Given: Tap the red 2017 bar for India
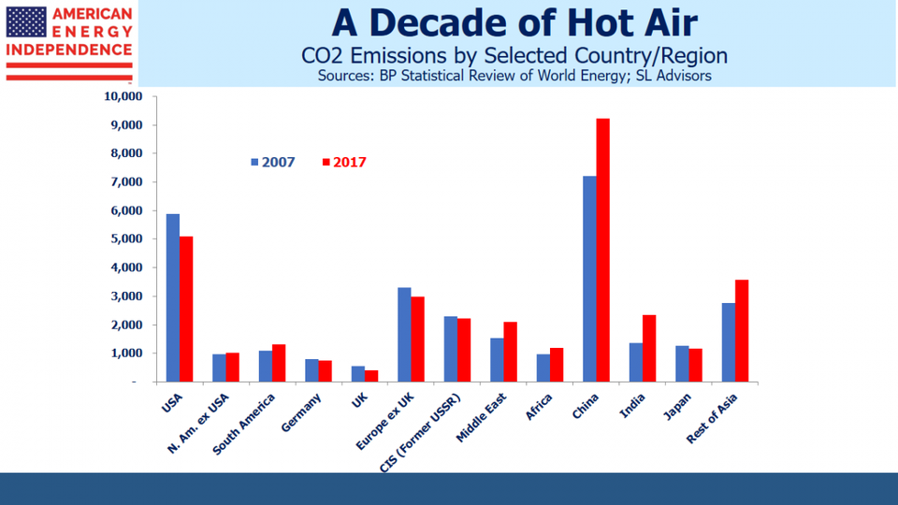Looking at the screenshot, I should (649, 348).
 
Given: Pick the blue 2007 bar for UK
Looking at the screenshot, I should (357, 374).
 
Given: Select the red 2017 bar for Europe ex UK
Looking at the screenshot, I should (417, 339).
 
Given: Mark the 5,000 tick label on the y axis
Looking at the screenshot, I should (123, 239).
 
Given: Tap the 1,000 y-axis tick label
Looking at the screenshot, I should (123, 353).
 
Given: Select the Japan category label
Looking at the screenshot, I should (677, 403).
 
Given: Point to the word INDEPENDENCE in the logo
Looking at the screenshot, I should (69, 50).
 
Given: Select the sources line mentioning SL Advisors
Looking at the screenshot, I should (514, 76).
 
